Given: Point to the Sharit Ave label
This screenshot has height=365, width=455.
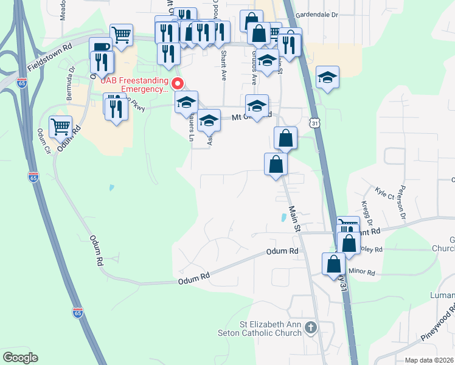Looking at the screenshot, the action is pos(224,66).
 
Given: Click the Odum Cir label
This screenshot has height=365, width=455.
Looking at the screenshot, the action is pos(42,141).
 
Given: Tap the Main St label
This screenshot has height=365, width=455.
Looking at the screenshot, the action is pos(294,218).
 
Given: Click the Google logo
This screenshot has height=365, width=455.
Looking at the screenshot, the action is pos(20,358).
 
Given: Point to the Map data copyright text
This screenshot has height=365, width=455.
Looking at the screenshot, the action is pos(429,360).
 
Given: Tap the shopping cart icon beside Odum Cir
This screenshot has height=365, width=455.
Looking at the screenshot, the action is pos(60,127).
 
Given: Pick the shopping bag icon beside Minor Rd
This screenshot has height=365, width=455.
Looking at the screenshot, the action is pos(334,264).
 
